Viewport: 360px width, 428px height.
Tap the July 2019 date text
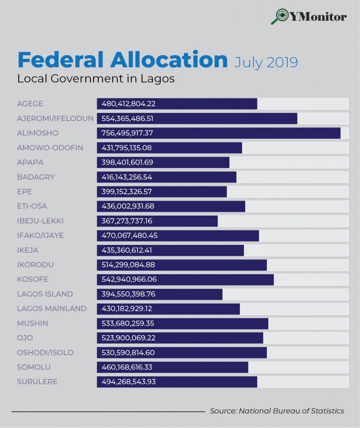[266, 62]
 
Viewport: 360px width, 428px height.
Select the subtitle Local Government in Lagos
[96, 79]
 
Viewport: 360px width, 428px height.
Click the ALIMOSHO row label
[38, 133]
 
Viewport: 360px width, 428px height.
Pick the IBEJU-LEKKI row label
[40, 221]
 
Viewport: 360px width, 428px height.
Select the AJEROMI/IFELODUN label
[55, 118]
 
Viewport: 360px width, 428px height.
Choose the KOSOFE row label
[33, 279]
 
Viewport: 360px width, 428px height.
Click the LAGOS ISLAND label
[45, 294]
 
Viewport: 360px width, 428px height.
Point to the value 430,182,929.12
[127, 308]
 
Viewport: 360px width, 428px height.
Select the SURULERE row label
[37, 382]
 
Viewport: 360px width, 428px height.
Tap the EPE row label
[24, 191]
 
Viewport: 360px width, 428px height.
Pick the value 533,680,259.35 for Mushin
[128, 323]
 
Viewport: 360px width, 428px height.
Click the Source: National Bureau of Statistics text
[277, 411]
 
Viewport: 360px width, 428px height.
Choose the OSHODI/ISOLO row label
[45, 352]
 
